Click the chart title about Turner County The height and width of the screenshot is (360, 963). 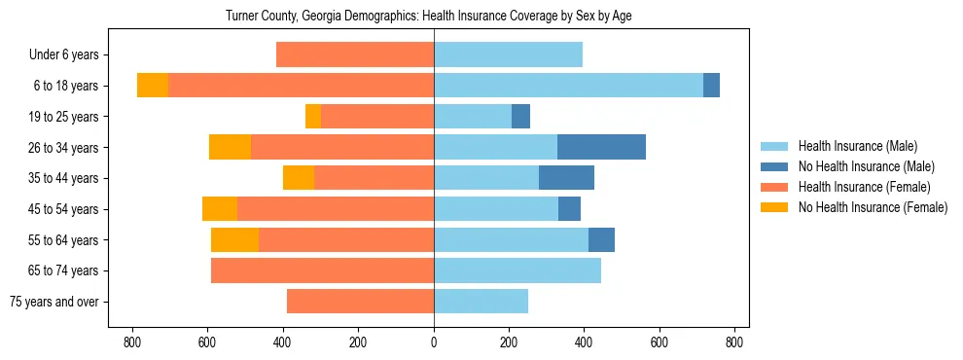pyautogui.click(x=429, y=17)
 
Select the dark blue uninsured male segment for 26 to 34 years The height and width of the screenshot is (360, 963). pyautogui.click(x=601, y=147)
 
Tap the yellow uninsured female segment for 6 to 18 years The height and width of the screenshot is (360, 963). pyautogui.click(x=153, y=86)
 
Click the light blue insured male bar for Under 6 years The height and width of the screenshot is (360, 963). pyautogui.click(x=508, y=54)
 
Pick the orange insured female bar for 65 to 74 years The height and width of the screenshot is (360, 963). pyautogui.click(x=322, y=270)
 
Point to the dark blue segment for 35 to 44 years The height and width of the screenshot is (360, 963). pyautogui.click(x=566, y=178)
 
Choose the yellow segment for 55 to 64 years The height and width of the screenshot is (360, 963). pyautogui.click(x=234, y=239)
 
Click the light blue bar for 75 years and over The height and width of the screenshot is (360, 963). pyautogui.click(x=481, y=302)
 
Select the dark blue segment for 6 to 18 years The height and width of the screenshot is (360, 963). pyautogui.click(x=711, y=86)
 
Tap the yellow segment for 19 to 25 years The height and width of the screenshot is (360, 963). pyautogui.click(x=313, y=117)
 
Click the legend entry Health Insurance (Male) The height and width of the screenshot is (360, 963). pyautogui.click(x=857, y=146)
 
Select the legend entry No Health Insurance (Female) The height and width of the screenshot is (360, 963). pyautogui.click(x=873, y=207)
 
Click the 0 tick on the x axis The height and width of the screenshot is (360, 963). pyautogui.click(x=434, y=342)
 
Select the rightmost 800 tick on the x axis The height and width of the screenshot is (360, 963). pyautogui.click(x=734, y=342)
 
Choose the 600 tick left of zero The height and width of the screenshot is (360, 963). pyautogui.click(x=207, y=342)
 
